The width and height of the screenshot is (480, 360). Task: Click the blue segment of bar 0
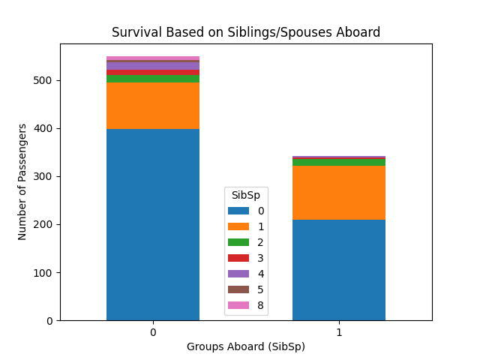[x=153, y=224]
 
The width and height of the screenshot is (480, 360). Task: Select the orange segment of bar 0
[x=153, y=106]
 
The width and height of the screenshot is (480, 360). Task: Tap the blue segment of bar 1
[x=339, y=270]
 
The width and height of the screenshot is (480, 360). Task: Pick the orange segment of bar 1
[x=339, y=193]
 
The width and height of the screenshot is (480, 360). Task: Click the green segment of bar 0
[x=153, y=79]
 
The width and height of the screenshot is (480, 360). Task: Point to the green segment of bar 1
[x=339, y=162]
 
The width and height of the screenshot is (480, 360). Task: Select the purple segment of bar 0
[x=153, y=66]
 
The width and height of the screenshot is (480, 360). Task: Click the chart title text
[x=246, y=32]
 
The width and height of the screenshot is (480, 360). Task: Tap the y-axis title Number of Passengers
[x=22, y=181]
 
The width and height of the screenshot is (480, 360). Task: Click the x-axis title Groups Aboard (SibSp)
[x=246, y=346]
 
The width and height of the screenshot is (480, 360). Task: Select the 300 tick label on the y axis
[x=44, y=176]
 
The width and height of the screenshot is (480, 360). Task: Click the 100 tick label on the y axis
[x=44, y=272]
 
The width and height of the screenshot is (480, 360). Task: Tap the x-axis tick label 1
[x=339, y=331]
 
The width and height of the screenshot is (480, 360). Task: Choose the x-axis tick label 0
[x=153, y=331]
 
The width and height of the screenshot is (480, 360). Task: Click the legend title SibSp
[x=246, y=195]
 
